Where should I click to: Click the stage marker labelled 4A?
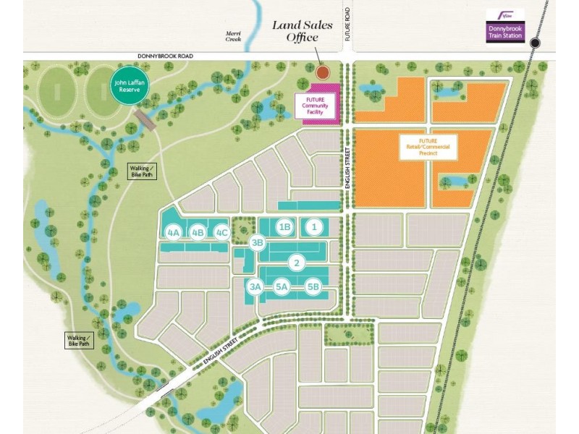[173, 232]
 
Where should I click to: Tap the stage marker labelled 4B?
[198, 232]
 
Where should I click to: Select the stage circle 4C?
[222, 232]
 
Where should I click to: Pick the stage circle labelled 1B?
[284, 227]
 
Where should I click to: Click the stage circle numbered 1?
[313, 227]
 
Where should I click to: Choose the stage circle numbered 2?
[296, 263]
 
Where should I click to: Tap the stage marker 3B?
[257, 243]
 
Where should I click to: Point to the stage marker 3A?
[255, 287]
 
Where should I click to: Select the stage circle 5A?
[282, 287]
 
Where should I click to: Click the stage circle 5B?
[313, 287]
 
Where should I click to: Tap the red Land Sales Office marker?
[322, 72]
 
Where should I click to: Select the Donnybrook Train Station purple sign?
[505, 26]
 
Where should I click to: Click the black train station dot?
[535, 43]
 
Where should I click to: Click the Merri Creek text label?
[234, 35]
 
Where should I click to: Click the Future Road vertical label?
[347, 30]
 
